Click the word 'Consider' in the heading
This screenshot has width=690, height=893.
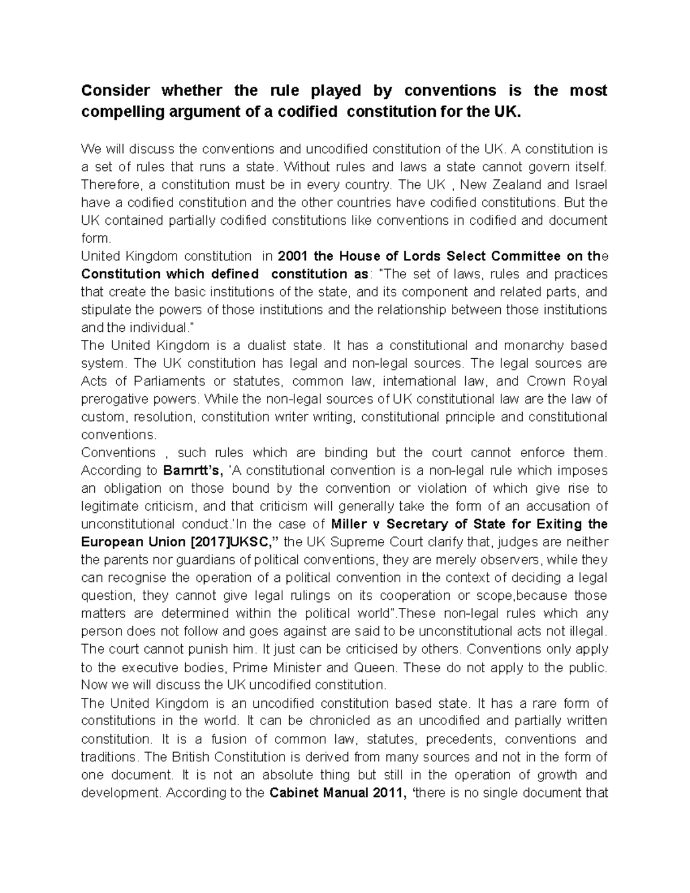point(116,91)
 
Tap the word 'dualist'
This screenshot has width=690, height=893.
point(273,346)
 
